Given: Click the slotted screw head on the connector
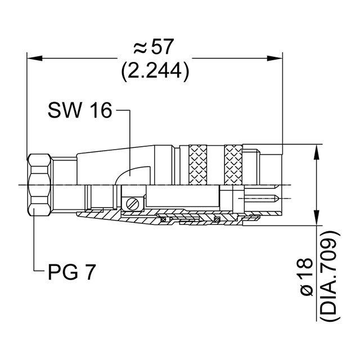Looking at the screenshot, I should [x=133, y=203].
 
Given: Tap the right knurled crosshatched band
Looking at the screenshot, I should [x=233, y=164].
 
